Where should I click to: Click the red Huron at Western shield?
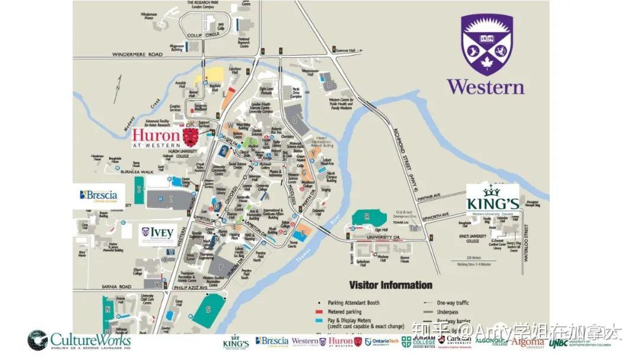pos(190,137)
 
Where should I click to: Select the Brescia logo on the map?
pos(99,195)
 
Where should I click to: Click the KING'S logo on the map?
pos(492,200)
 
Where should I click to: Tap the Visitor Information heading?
pos(390,285)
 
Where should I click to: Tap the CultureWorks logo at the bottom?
pos(79,340)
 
